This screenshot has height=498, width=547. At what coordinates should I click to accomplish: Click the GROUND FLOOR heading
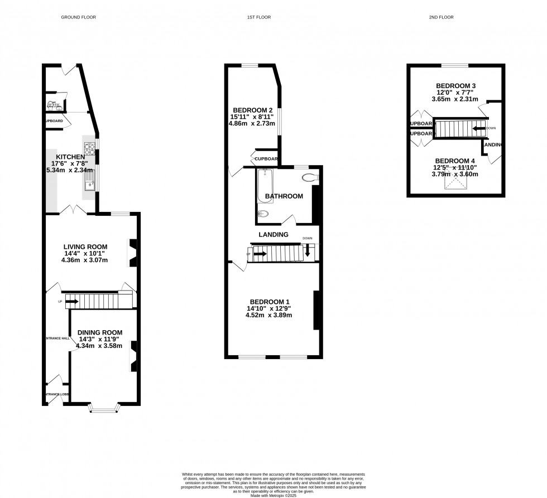tap(78, 17)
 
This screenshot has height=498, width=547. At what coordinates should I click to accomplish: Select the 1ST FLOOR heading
tap(259, 17)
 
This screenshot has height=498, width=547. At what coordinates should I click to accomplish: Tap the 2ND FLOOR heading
tap(441, 17)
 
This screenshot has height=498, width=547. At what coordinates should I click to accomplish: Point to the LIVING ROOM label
tap(85, 246)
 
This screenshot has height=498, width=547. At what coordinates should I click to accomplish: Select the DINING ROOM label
tap(99, 332)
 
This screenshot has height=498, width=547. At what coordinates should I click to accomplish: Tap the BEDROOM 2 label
tap(252, 110)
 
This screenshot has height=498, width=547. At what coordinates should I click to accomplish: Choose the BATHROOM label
tap(284, 196)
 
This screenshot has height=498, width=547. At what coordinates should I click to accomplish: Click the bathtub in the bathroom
tap(265, 187)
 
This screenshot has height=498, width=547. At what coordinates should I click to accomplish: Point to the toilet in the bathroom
tap(309, 178)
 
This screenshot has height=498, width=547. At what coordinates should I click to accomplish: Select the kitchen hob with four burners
tap(89, 148)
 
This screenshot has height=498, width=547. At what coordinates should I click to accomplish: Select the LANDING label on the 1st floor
tap(273, 235)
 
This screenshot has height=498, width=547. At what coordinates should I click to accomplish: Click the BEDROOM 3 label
tap(455, 85)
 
